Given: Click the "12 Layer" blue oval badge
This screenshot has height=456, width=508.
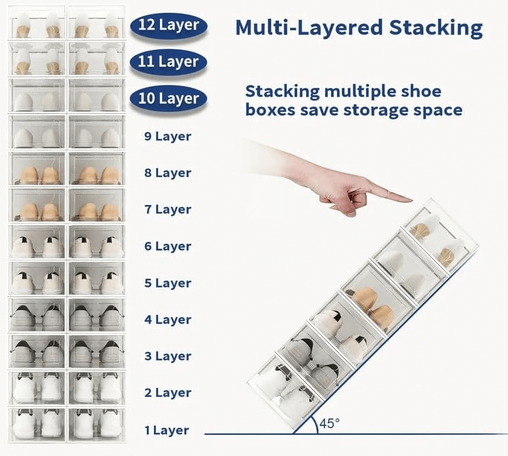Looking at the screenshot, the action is tap(169, 25).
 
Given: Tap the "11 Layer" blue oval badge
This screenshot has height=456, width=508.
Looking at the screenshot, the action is tap(169, 62).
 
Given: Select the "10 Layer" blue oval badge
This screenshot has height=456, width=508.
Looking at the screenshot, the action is tap(169, 98).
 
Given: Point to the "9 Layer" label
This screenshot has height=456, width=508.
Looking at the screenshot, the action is tap(168, 137).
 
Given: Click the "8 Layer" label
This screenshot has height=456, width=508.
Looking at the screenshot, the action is tap(168, 173).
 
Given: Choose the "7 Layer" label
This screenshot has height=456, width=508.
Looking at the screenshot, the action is tap(168, 209).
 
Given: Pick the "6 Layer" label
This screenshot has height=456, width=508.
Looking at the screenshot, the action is tap(168, 246).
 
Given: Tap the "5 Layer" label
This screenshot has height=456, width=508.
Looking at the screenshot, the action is tap(168, 283).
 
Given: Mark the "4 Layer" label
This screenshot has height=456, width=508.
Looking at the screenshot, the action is tap(168, 320).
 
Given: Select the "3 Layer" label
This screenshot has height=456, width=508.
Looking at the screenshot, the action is tap(168, 356).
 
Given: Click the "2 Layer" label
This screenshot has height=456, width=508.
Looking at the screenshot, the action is tap(168, 392).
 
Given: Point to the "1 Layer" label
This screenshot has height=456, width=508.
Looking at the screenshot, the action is tap(167, 431).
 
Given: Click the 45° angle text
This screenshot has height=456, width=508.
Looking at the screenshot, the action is tap(329, 423).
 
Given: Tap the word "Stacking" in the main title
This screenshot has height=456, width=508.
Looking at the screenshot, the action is tap(436, 28).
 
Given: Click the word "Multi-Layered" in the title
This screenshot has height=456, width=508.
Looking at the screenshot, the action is tap(309, 28).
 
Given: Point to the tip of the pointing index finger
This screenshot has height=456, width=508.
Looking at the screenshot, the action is tap(411, 200).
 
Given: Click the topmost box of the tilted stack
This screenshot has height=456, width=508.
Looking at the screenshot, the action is tap(440, 239).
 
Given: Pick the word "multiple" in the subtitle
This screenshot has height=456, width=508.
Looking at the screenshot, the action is tap(360, 92).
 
